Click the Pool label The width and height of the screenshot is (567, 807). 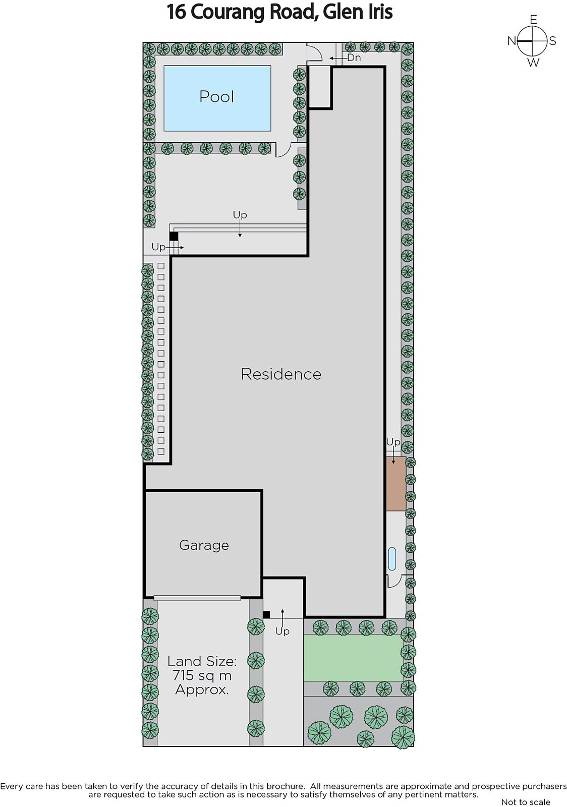[x=216, y=96]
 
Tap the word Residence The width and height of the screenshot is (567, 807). [x=281, y=374]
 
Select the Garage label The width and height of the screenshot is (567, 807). [x=204, y=545]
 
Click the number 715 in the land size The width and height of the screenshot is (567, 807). [x=185, y=675]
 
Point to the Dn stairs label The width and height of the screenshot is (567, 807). [x=354, y=57]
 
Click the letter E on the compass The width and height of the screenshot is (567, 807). [x=534, y=20]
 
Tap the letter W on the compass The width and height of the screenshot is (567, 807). [x=534, y=63]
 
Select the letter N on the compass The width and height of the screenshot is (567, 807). [x=512, y=41]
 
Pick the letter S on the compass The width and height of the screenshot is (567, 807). [x=552, y=41]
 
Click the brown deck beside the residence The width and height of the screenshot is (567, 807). [x=396, y=484]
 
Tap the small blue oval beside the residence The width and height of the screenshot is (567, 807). [x=392, y=559]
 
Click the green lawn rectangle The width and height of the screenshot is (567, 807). [x=353, y=658]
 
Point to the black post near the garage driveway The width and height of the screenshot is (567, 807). [x=266, y=615]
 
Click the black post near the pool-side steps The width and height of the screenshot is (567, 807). [x=174, y=237]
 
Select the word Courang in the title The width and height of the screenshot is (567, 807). [x=228, y=12]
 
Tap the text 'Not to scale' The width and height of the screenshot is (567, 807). [x=526, y=801]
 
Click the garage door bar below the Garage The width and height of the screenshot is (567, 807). [x=197, y=598]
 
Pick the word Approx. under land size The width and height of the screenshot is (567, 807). [x=202, y=690]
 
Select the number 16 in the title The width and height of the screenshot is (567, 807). [x=176, y=12]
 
